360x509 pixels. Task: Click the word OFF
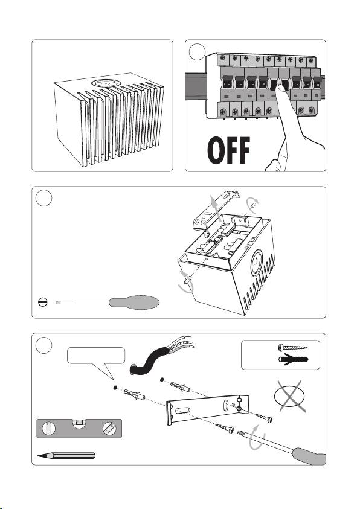(x=229, y=150)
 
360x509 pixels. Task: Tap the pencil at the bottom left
(x=66, y=455)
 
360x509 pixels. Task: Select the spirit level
(x=79, y=429)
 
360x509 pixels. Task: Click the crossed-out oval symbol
(x=290, y=396)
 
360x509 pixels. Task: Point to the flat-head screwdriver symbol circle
(x=42, y=303)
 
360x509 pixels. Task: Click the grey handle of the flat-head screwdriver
(x=134, y=303)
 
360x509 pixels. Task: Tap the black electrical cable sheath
(x=149, y=361)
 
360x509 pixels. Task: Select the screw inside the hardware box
(x=292, y=348)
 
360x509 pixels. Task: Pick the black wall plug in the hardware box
(x=293, y=360)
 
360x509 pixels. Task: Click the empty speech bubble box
(x=96, y=356)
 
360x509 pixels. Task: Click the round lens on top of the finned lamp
(x=106, y=83)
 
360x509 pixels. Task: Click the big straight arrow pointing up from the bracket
(x=214, y=208)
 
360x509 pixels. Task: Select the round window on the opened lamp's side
(x=256, y=263)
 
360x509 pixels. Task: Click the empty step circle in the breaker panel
(x=197, y=52)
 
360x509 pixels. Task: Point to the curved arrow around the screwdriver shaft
(x=257, y=438)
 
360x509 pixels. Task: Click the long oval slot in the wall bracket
(x=183, y=411)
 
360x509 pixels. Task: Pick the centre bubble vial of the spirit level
(x=79, y=422)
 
